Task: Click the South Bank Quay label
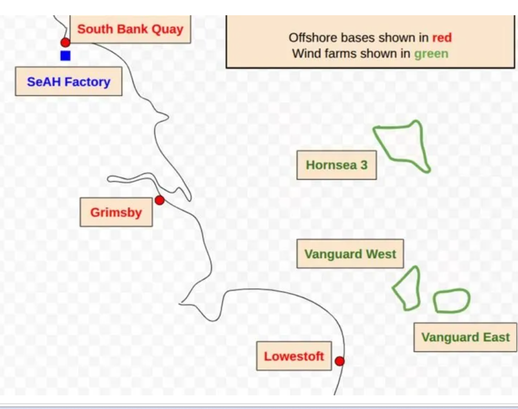130,29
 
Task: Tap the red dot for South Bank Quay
65,42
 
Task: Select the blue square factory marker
65,56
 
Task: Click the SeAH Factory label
69,81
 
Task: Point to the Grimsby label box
116,212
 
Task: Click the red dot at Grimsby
159,200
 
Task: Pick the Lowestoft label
294,356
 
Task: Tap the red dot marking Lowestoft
340,361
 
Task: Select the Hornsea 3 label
337,165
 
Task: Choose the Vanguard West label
350,254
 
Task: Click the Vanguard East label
465,337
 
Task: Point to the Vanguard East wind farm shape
452,290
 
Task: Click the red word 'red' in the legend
442,38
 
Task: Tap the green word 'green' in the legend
431,54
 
